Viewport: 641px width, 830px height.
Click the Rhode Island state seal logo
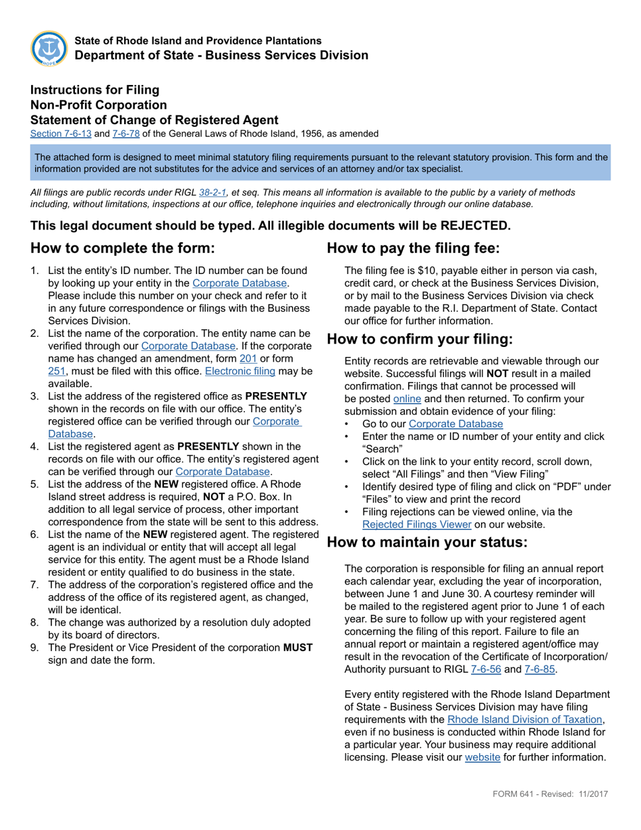click(49, 49)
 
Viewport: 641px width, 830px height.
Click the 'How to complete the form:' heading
click(122, 248)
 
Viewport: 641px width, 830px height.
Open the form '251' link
click(57, 371)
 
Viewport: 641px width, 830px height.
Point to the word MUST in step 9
click(298, 647)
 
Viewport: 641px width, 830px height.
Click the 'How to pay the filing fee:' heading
click(413, 248)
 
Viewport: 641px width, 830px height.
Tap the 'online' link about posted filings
click(407, 399)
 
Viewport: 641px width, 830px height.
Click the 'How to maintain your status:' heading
click(426, 542)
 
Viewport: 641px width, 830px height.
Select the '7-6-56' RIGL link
click(503, 669)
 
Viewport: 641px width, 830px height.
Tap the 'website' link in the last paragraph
click(482, 757)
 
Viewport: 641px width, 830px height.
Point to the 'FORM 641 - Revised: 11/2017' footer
click(549, 794)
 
